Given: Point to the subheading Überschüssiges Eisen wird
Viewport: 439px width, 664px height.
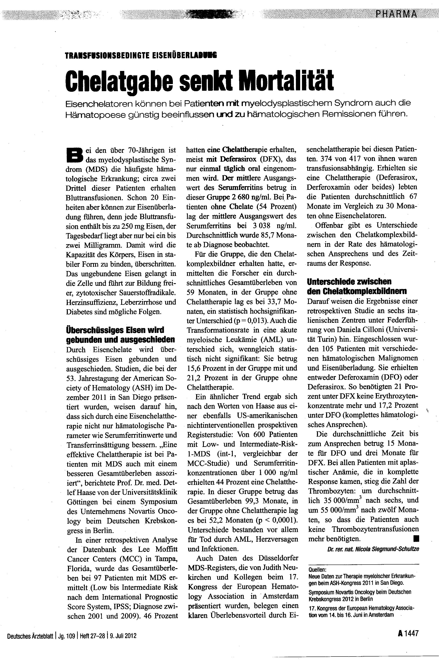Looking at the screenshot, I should pyautogui.click(x=115, y=330).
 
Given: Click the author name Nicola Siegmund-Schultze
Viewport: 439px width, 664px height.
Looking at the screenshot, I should pyautogui.click(x=387, y=549).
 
